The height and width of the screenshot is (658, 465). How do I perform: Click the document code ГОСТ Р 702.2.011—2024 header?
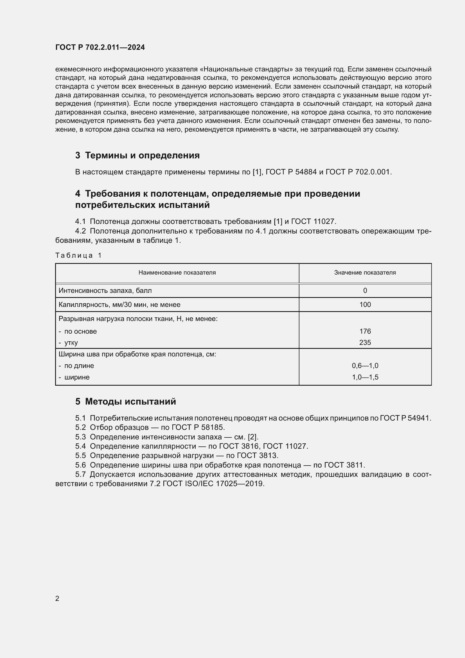[100, 47]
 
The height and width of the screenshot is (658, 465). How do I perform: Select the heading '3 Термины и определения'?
[137, 155]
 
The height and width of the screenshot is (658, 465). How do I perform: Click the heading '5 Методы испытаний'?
[126, 401]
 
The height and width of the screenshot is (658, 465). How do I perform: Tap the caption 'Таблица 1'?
[78, 255]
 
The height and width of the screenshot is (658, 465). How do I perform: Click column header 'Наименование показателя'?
[177, 273]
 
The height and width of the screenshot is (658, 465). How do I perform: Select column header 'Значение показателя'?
[365, 273]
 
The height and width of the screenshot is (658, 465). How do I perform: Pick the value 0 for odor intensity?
[365, 291]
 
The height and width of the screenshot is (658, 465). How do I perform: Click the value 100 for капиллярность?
[365, 305]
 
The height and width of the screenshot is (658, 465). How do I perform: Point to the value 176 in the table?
[365, 331]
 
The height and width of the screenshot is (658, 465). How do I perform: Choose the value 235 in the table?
[365, 342]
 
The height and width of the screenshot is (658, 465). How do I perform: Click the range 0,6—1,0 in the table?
[365, 366]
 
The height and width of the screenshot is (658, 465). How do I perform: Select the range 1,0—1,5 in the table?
[365, 377]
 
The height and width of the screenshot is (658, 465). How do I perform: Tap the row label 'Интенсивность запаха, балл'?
[105, 291]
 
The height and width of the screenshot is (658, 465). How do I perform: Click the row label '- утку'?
[68, 343]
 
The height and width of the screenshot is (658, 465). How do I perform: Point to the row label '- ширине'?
[74, 378]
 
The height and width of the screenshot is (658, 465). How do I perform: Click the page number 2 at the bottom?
[57, 598]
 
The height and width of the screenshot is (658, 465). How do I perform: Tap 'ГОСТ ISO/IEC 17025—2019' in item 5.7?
[213, 484]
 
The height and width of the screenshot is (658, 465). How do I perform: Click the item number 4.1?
[80, 221]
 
